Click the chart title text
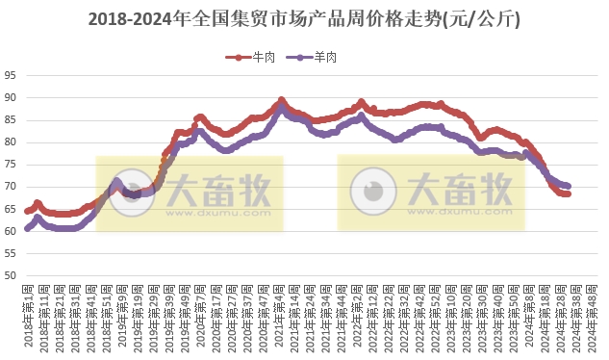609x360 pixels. [x=304, y=19]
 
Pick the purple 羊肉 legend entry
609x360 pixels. [x=317, y=58]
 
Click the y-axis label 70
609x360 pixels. [x=11, y=187]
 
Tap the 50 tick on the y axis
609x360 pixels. [x=11, y=276]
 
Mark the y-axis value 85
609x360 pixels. [x=11, y=119]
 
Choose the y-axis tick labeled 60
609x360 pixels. [x=11, y=231]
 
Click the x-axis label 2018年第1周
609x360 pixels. [x=28, y=316]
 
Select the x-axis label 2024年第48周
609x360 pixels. [x=594, y=316]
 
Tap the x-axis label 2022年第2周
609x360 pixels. [x=358, y=316]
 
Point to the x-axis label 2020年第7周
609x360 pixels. [x=200, y=316]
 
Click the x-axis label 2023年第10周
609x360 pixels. [x=452, y=316]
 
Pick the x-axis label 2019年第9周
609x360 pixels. [x=122, y=316]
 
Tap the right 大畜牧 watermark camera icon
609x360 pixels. [x=373, y=193]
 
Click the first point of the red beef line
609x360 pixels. [x=27, y=211]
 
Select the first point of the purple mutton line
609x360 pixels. [x=27, y=229]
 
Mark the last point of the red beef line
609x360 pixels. [x=569, y=193]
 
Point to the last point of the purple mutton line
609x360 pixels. [x=569, y=186]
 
